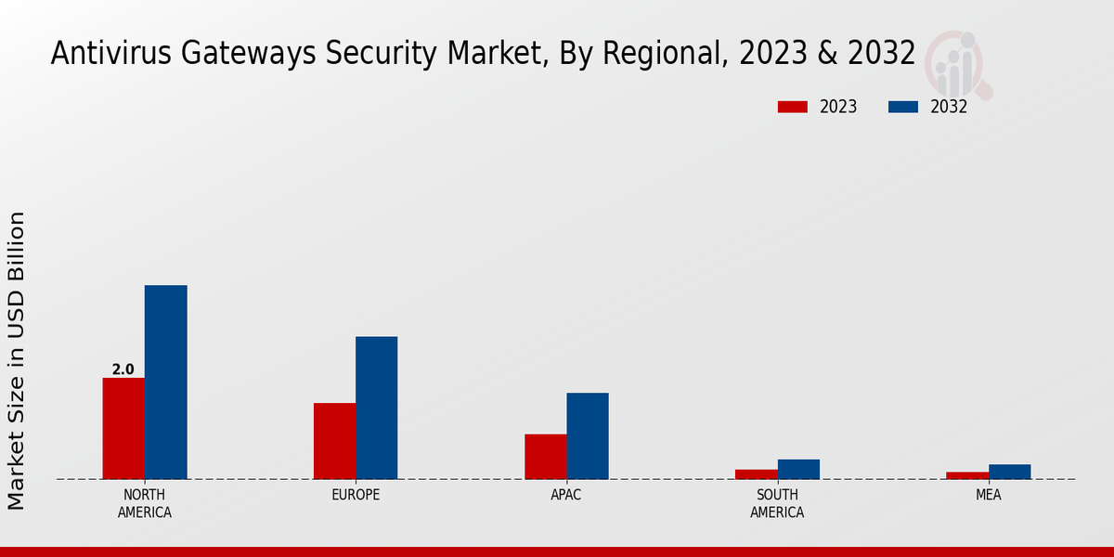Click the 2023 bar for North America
[x=123, y=428]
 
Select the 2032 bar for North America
[x=165, y=382]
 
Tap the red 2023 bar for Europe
[x=334, y=441]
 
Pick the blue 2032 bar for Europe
[x=376, y=408]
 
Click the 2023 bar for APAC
[x=545, y=457]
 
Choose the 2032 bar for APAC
[x=588, y=435]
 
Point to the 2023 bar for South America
[x=756, y=474]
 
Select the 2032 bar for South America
[x=798, y=469]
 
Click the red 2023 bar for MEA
[x=967, y=475]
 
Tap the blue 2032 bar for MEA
[x=1009, y=472]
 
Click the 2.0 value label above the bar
[x=123, y=369]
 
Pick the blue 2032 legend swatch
[x=902, y=107]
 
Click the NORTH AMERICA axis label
[x=145, y=503]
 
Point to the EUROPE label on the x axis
[x=356, y=495]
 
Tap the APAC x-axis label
[x=566, y=495]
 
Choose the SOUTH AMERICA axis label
[x=777, y=503]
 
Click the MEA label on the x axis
[x=988, y=495]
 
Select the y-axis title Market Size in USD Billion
[x=17, y=360]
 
